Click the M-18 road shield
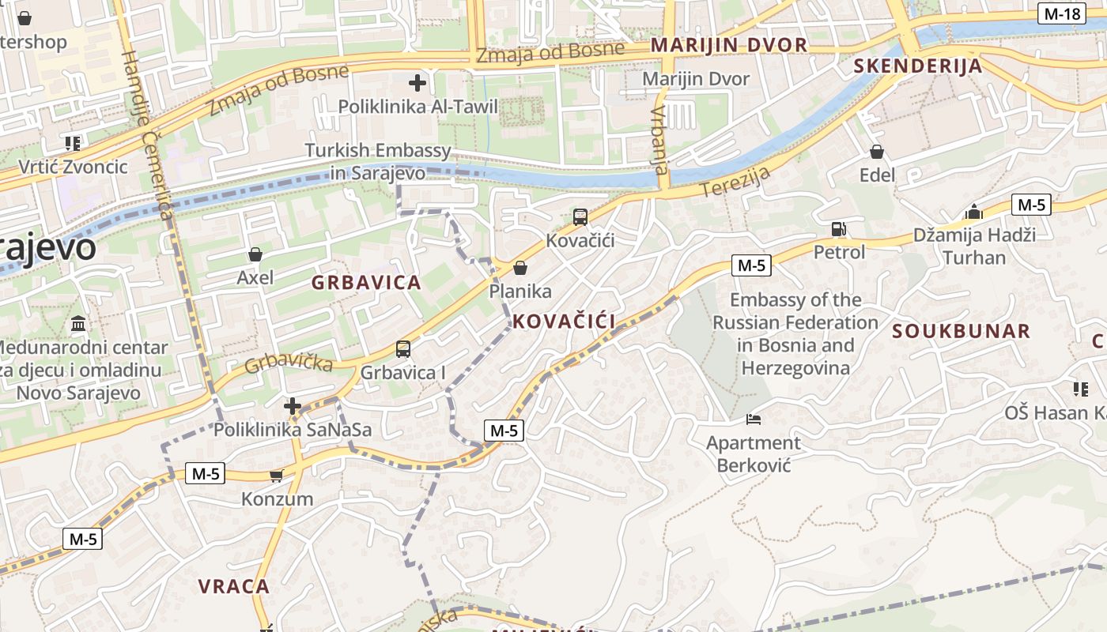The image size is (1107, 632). click(x=1062, y=13)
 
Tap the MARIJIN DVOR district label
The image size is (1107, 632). click(x=729, y=45)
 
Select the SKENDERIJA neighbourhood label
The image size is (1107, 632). click(x=918, y=66)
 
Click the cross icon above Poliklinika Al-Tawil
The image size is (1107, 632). click(x=417, y=82)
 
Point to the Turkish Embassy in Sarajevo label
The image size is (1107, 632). click(x=378, y=161)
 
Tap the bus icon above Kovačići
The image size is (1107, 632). click(x=580, y=216)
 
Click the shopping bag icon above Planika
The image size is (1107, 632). click(x=519, y=269)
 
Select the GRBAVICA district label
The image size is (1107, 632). click(x=366, y=283)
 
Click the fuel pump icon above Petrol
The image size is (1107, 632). click(x=838, y=229)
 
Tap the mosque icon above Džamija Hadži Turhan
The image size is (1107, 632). click(x=973, y=212)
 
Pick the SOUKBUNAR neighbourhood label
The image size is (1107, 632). click(x=962, y=331)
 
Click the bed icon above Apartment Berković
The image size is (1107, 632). click(x=753, y=419)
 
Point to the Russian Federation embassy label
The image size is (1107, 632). click(x=795, y=333)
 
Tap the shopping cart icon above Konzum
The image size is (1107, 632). click(x=276, y=476)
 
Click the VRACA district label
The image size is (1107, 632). click(x=233, y=586)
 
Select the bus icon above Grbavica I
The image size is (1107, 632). click(x=402, y=348)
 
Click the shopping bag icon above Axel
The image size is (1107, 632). click(x=255, y=254)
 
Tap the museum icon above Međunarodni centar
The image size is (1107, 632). click(x=79, y=324)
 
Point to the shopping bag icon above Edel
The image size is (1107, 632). click(x=876, y=152)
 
